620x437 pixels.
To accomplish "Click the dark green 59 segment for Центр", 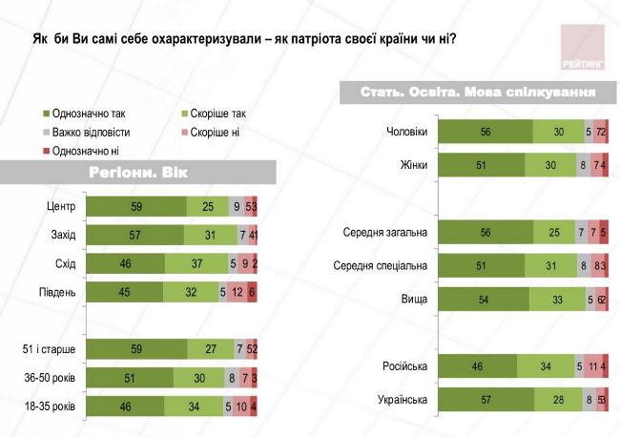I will [137, 206].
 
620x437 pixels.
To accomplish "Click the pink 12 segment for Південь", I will [238, 292].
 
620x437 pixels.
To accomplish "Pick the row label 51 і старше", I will [51, 349].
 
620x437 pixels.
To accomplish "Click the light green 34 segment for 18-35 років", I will [194, 406].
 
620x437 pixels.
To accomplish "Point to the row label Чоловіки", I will [404, 132].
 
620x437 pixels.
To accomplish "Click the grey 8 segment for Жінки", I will [583, 164].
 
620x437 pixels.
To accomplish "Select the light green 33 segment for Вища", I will [557, 298].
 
